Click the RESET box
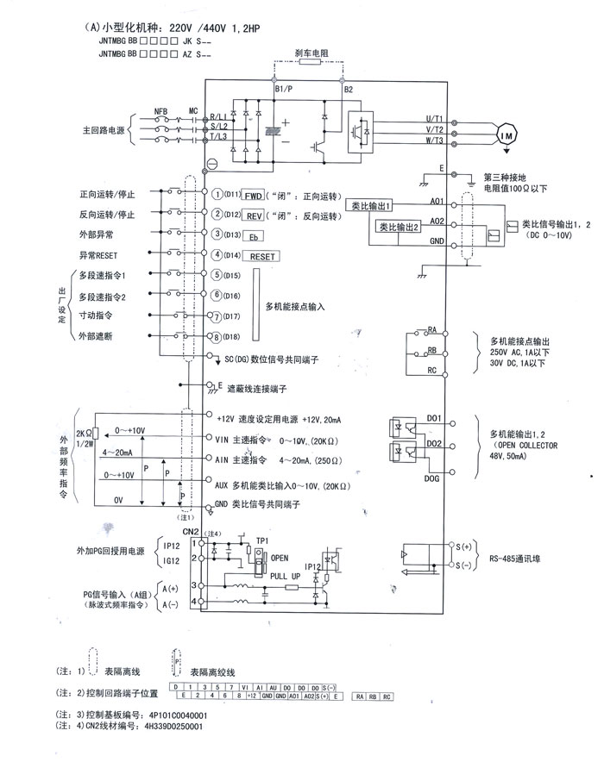click(x=264, y=256)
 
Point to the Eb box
click(x=254, y=235)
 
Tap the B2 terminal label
click(x=348, y=90)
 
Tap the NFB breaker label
click(x=160, y=111)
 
